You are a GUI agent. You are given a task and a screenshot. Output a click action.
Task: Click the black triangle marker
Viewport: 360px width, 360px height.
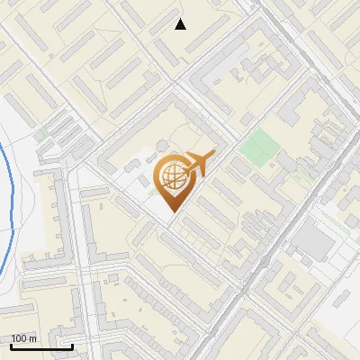tap(181, 24)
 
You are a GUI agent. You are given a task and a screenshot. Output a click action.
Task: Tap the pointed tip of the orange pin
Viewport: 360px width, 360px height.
tap(172, 211)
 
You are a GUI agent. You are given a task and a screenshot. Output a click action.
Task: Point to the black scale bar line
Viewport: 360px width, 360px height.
tap(41, 346)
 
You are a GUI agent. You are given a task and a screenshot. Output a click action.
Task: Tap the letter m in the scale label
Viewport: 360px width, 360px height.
tap(33, 338)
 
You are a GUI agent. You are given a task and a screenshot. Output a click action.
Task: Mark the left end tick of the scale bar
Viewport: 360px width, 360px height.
tap(11, 345)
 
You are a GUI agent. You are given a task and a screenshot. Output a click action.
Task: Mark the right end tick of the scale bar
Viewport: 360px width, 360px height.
tap(72, 345)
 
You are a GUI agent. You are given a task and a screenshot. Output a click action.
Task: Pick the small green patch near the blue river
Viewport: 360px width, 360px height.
tap(40, 133)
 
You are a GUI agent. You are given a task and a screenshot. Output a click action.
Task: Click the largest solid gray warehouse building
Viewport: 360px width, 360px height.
tap(314, 240)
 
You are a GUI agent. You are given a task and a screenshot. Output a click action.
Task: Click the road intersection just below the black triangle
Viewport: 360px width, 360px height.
tap(184, 63)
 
